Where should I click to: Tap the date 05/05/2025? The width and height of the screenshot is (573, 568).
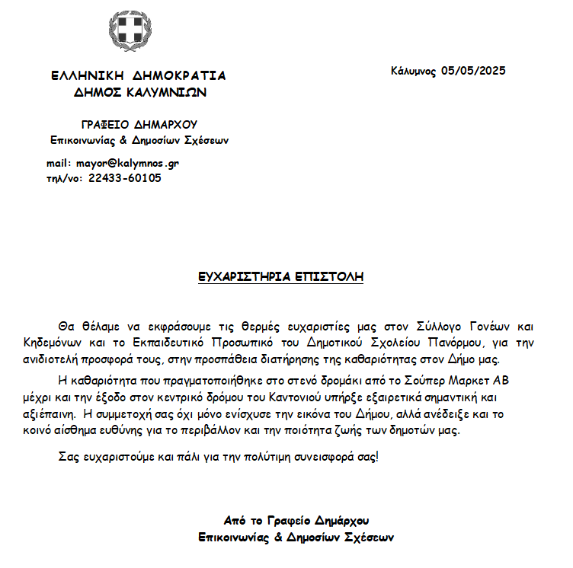pos(473,71)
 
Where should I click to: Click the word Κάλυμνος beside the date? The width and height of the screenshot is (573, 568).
pos(414,71)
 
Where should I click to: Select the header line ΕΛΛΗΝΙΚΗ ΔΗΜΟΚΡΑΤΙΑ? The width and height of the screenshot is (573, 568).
pos(138,76)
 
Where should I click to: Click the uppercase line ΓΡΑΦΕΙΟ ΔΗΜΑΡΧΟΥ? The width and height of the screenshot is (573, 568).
pos(139,125)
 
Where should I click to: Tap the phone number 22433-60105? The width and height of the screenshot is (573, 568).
pos(125,178)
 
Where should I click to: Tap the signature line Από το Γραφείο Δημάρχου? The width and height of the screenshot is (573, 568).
pos(296,522)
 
